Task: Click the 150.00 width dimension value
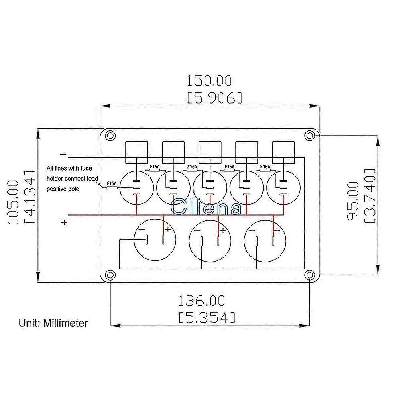[209, 81]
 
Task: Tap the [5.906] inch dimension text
[214, 98]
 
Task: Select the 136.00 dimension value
[201, 301]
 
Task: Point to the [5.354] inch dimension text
[207, 317]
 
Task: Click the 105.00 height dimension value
[13, 202]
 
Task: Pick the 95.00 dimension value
[353, 201]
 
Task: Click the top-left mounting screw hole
[110, 136]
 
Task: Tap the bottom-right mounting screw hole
[310, 275]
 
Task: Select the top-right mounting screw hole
[310, 136]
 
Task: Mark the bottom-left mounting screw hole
[110, 275]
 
